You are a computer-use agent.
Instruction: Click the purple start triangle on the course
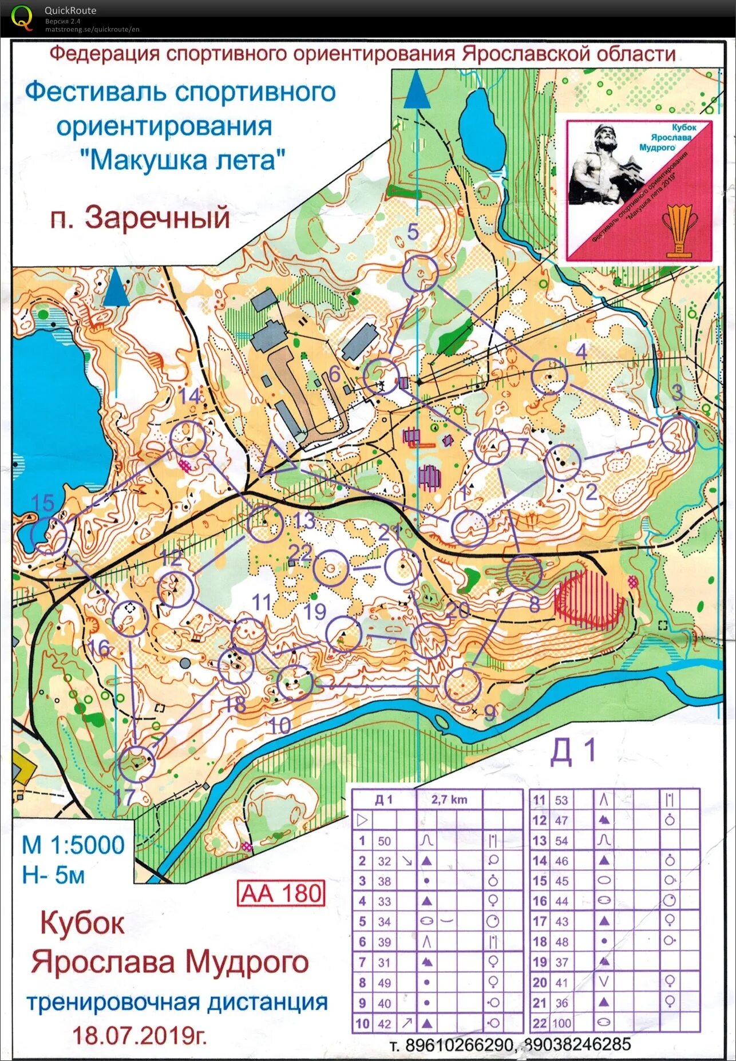(x=276, y=460)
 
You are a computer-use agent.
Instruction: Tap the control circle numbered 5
(x=420, y=273)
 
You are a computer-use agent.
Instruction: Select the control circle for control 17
(x=137, y=764)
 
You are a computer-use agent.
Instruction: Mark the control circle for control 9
(x=462, y=686)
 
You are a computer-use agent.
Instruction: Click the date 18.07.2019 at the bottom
(x=139, y=1035)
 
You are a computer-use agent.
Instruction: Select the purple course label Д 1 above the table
(x=573, y=751)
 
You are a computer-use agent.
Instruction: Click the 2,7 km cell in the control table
(x=449, y=799)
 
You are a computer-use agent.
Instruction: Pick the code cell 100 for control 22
(x=561, y=1023)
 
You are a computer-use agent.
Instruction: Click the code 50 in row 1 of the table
(x=384, y=841)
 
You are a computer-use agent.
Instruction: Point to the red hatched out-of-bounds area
(x=589, y=598)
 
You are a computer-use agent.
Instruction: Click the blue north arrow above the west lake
(x=116, y=288)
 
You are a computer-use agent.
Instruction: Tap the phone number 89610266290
(x=459, y=1045)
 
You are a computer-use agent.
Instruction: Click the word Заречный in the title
(x=157, y=217)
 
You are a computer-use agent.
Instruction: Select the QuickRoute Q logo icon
(x=22, y=17)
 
